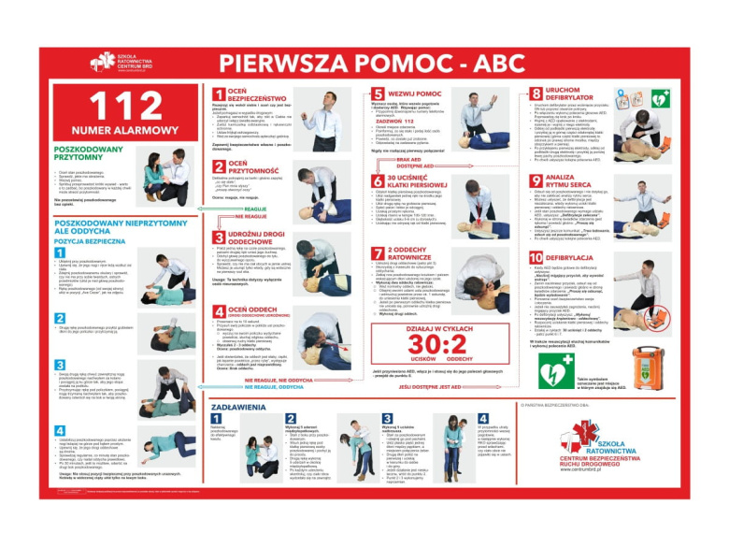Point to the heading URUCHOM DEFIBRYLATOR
point(571,94)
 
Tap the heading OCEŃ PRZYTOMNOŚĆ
point(250,167)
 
